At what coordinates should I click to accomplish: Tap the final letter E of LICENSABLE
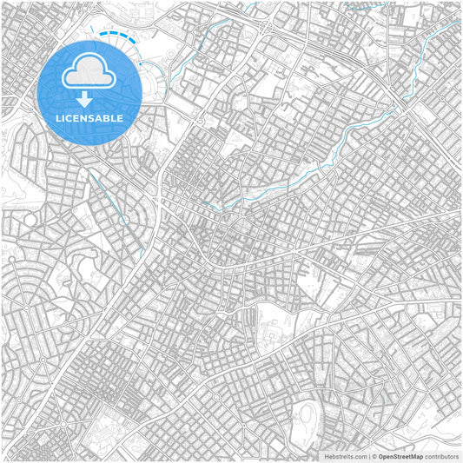tap(120, 118)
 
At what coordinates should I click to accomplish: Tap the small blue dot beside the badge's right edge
tap(139, 63)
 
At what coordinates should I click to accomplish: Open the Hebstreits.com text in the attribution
tap(345, 456)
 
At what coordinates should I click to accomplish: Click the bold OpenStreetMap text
tap(400, 456)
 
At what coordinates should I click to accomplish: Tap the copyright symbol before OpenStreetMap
tap(373, 456)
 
